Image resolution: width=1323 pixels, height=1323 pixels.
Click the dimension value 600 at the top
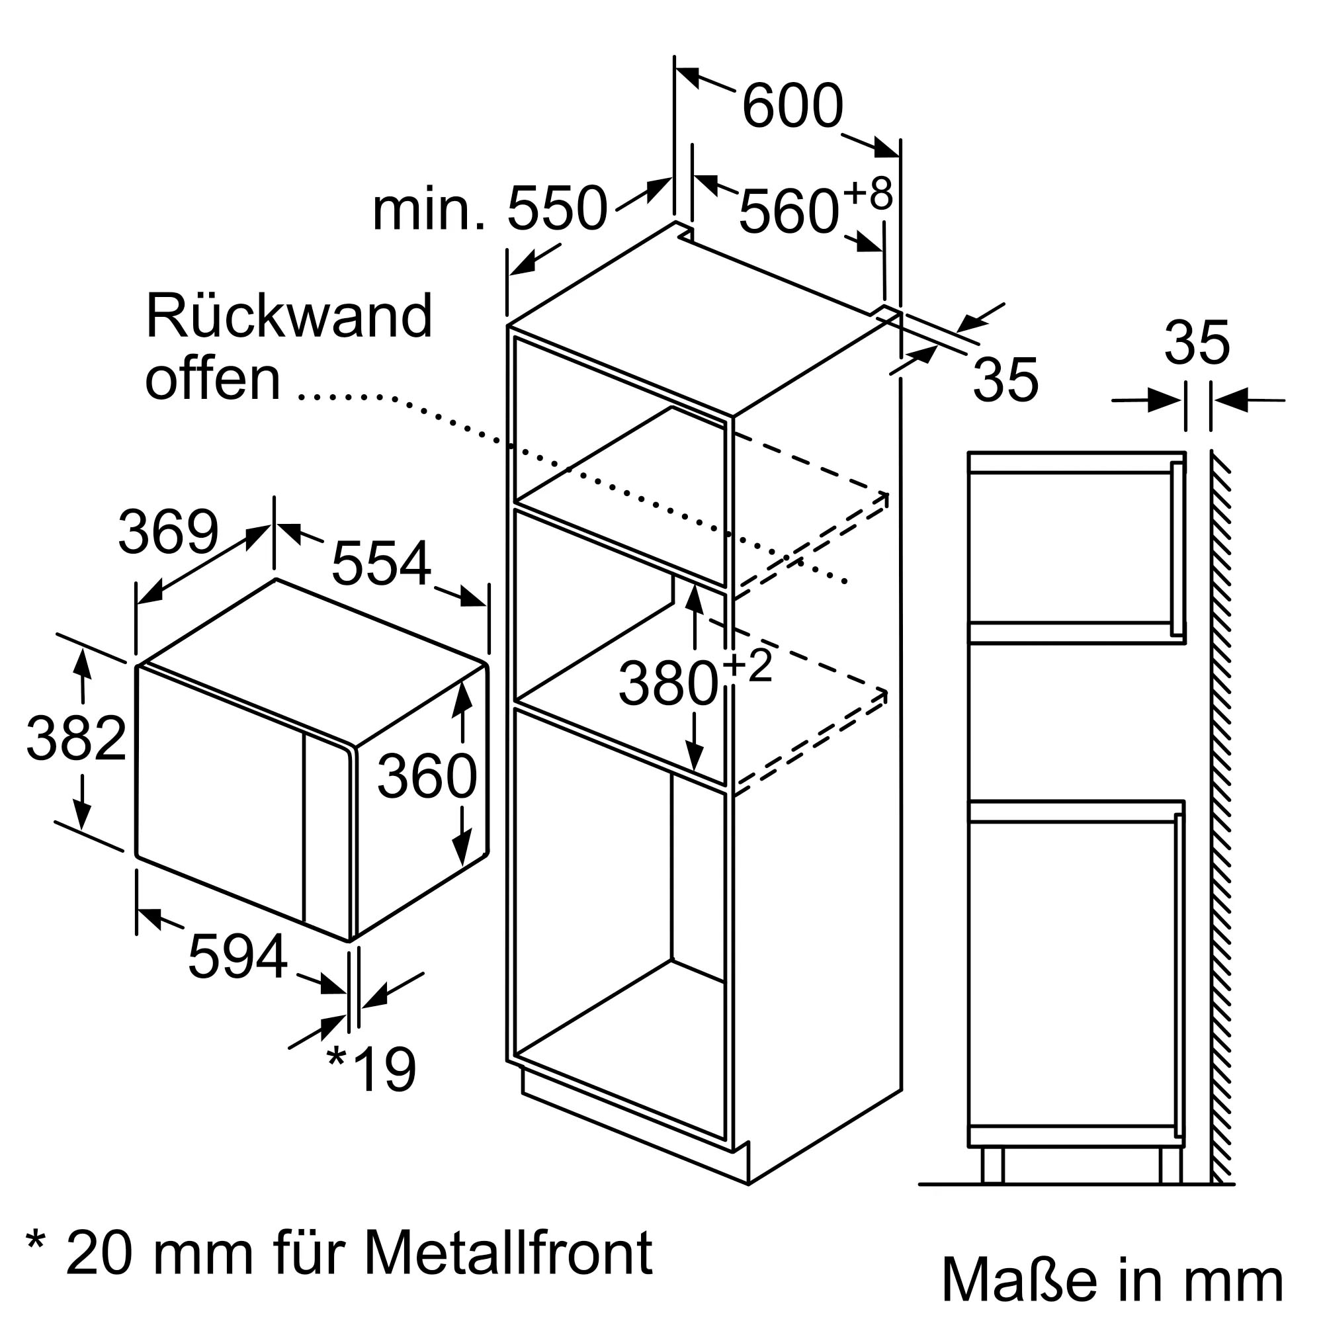792,106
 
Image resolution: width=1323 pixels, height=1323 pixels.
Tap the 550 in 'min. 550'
557,208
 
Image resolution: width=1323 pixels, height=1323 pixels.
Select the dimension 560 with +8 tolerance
789,212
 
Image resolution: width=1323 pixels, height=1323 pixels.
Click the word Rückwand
288,316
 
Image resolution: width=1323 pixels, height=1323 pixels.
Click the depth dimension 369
168,532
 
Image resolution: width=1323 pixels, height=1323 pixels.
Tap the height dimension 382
76,738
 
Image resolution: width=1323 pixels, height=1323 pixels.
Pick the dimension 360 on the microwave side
426,776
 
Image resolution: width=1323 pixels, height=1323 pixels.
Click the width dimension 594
237,957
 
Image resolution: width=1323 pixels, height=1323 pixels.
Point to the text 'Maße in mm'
1112,1279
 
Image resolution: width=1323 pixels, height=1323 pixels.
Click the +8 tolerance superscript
868,194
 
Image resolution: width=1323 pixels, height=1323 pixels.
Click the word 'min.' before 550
429,210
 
